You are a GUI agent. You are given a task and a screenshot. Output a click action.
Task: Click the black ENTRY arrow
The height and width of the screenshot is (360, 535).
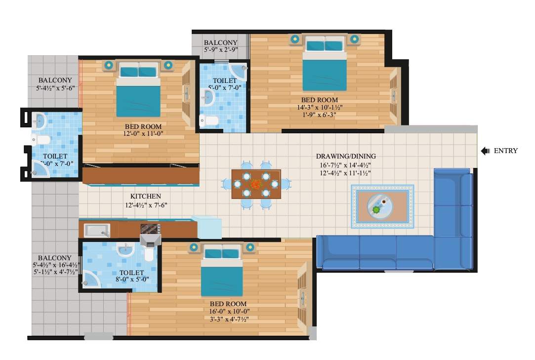485,151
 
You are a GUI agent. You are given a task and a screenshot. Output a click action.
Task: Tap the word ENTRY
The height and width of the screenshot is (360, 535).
505,151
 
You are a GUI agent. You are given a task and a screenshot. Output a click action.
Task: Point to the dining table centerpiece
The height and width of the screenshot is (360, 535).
255,184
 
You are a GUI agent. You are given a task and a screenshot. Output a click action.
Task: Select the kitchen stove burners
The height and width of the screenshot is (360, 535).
150,229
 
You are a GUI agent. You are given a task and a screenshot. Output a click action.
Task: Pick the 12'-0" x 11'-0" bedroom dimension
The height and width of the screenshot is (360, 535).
144,134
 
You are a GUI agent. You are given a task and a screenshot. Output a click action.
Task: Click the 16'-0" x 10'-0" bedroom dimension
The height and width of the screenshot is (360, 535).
229,311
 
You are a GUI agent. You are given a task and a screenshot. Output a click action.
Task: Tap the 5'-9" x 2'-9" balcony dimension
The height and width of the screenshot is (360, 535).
220,50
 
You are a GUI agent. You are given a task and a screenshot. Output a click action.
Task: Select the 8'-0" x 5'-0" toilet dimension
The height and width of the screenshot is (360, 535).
131,280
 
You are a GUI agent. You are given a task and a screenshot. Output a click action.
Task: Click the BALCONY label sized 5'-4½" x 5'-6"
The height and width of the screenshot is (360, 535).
55,80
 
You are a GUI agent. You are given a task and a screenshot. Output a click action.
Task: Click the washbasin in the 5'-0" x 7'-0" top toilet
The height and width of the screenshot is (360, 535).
208,98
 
